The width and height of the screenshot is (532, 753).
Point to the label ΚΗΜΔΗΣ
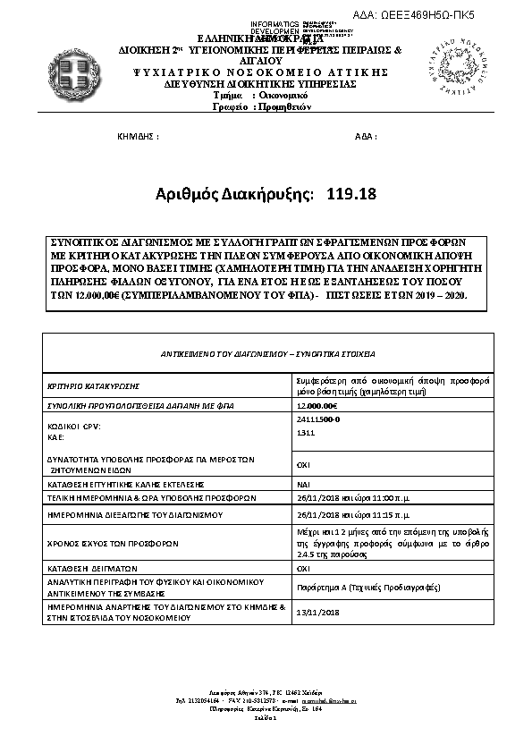139,136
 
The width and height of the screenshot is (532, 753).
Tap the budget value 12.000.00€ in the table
317,406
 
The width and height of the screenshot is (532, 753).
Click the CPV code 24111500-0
317,419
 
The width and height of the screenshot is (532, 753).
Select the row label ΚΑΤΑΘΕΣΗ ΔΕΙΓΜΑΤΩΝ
91,567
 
